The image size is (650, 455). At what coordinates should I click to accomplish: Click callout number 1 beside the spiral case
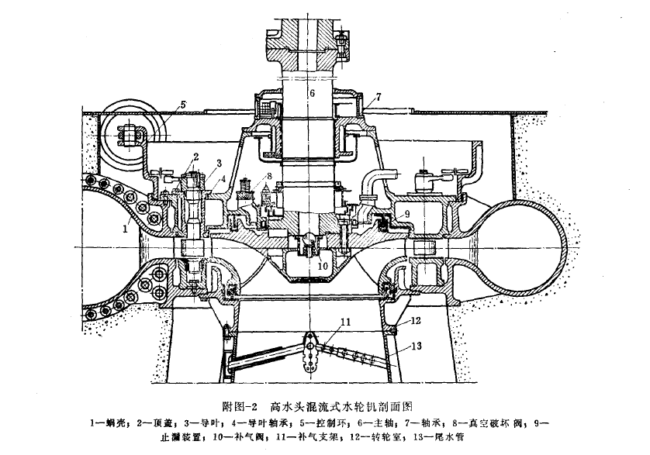[125, 229]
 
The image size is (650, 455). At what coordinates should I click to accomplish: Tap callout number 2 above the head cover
[196, 157]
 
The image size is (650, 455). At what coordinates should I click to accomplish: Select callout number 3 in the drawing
[220, 163]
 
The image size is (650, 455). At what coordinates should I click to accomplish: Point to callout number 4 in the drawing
[223, 179]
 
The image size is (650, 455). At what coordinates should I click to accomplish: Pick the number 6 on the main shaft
[312, 93]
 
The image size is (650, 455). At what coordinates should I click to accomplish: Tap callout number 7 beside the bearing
[378, 97]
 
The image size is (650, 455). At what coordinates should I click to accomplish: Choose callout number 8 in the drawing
[269, 176]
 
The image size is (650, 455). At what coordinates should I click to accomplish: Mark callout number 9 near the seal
[406, 214]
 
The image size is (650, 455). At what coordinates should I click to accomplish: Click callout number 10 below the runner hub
[323, 266]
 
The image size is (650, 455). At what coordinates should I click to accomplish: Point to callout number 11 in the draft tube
[345, 322]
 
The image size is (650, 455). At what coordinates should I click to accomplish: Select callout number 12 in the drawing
[416, 320]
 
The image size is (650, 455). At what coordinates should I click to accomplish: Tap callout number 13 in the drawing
[417, 345]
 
